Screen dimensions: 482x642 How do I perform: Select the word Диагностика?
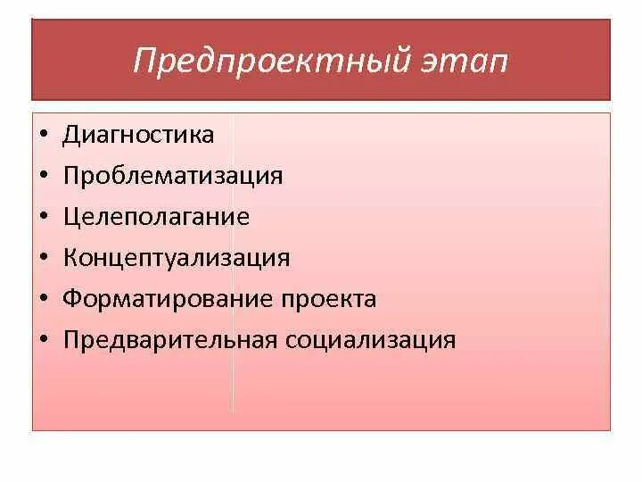(x=138, y=135)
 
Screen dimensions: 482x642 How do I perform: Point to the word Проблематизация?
(x=173, y=175)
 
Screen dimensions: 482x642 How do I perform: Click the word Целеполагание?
(x=156, y=217)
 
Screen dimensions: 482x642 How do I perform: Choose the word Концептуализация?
(x=177, y=258)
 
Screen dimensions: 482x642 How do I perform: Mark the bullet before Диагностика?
(x=44, y=136)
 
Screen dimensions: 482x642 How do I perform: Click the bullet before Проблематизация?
(x=44, y=177)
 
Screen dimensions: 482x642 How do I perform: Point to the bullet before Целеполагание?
(x=44, y=218)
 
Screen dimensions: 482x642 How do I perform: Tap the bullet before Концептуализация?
(x=44, y=259)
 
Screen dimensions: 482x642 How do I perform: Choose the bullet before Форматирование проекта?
(x=44, y=300)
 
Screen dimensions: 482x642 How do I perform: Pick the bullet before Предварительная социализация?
(x=44, y=341)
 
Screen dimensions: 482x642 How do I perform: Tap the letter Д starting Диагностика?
(x=71, y=136)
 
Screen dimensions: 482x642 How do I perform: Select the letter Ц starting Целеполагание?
(x=71, y=217)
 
